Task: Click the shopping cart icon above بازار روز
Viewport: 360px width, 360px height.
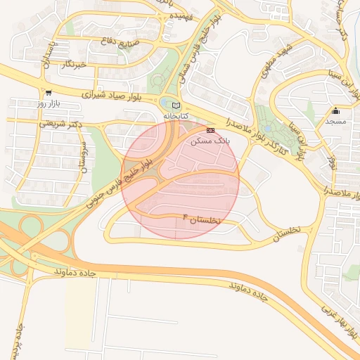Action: pos(48,92)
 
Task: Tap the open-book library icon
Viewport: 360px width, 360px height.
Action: pos(176,105)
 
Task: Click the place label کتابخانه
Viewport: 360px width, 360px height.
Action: pos(176,115)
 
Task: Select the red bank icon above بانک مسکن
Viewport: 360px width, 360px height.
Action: pos(210,131)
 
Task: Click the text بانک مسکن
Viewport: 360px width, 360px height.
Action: pos(210,141)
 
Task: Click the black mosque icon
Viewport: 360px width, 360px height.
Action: pos(335,110)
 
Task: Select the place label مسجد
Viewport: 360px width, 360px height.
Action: pos(335,121)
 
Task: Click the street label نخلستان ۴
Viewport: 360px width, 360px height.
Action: pos(202,219)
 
